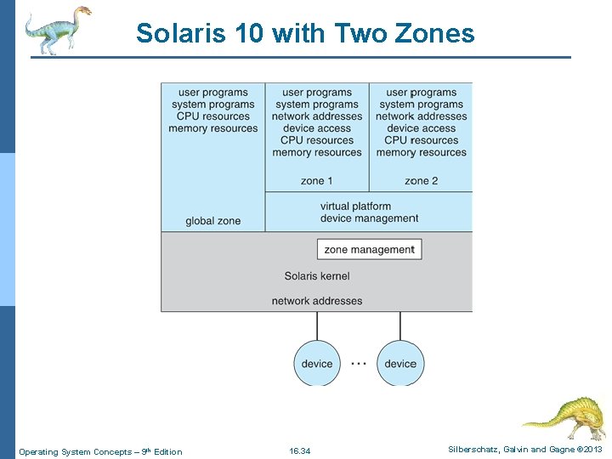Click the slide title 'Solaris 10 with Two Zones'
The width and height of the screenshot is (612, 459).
point(305,33)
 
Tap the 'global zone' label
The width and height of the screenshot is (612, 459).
point(212,221)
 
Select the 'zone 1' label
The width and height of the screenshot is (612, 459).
point(317,180)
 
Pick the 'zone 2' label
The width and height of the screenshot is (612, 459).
point(422,180)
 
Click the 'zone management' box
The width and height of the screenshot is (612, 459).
point(370,250)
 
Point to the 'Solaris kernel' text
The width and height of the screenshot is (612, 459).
point(317,275)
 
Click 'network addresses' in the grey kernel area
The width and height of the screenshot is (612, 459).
point(317,301)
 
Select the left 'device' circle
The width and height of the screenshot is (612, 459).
point(317,363)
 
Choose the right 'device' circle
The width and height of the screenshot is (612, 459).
point(400,363)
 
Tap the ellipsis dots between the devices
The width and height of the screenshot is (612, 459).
point(359,363)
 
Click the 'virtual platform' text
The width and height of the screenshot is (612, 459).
point(355,207)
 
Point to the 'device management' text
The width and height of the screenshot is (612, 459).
point(369,218)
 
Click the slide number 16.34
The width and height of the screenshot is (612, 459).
point(300,450)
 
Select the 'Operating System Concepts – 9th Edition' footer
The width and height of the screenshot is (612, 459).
point(100,451)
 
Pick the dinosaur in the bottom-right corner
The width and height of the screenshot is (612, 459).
point(563,416)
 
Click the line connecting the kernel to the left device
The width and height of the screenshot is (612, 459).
point(317,326)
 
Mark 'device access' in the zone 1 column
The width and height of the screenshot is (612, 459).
point(317,128)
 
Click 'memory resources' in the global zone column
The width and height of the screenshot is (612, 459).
point(212,128)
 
